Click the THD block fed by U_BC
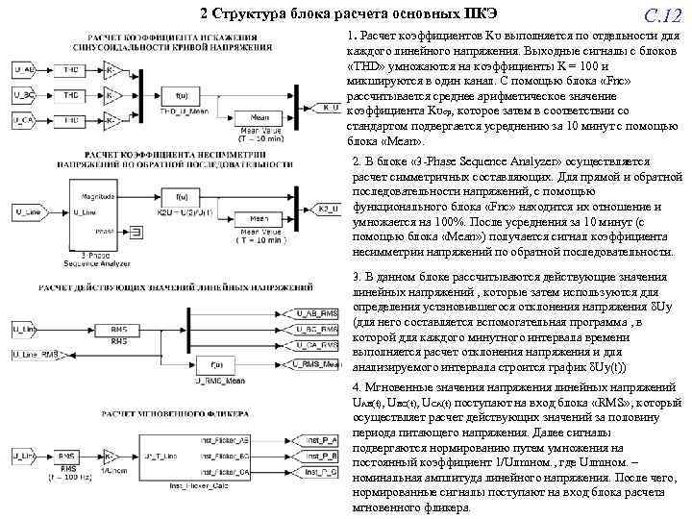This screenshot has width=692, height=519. tap(70, 95)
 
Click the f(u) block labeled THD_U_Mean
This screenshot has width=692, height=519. tap(182, 94)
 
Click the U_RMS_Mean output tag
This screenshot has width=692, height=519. tap(318, 364)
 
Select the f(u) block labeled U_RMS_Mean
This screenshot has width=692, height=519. tap(217, 364)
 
